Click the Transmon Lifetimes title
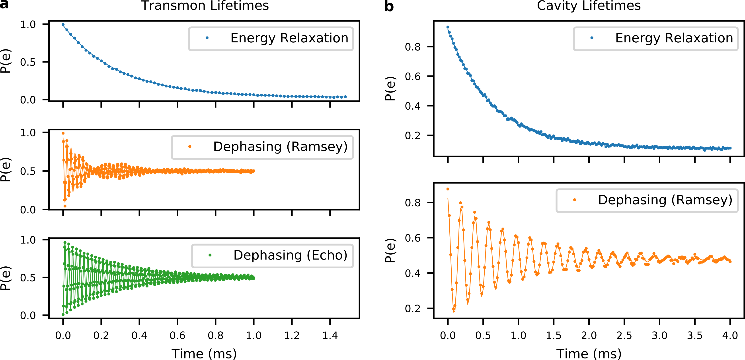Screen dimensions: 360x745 (x=205, y=6)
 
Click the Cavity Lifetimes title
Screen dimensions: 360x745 (x=589, y=6)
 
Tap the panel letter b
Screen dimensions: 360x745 (x=389, y=6)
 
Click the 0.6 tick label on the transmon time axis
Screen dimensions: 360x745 (x=177, y=335)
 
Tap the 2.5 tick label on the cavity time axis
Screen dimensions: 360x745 (x=624, y=335)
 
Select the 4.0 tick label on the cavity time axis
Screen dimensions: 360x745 (x=730, y=335)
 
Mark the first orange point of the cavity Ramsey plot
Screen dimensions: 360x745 (x=448, y=189)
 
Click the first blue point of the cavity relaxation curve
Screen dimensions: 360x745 (x=448, y=27)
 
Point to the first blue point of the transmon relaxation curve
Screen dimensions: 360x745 (x=63, y=25)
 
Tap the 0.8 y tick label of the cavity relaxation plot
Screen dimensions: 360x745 (x=412, y=47)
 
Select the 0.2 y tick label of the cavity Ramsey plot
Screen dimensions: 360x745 (x=412, y=309)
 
